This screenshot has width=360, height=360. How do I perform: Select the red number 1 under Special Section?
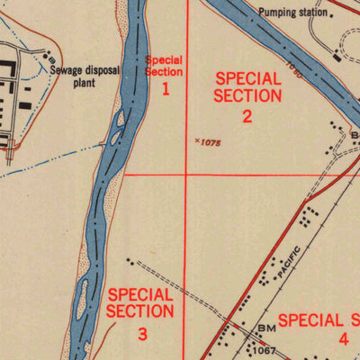coord(166,87)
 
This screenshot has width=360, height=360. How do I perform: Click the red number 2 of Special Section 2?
coord(247,115)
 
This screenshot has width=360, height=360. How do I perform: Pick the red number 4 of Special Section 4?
coord(343,339)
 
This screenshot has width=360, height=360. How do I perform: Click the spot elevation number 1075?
coord(210,142)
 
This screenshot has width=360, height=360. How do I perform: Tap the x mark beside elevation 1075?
coord(197,140)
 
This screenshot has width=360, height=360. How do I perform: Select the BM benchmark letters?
coord(265,329)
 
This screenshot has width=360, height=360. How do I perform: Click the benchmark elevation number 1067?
coord(264,349)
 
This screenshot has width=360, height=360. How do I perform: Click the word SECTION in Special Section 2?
coord(247,96)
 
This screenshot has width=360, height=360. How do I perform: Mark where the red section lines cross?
coord(186,174)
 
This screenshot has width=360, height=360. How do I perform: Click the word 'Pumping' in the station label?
coord(274,13)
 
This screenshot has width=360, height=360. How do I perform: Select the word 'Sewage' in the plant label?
coord(65,67)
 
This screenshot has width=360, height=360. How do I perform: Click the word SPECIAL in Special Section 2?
coord(248,79)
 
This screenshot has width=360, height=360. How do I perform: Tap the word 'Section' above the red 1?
coord(165,72)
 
